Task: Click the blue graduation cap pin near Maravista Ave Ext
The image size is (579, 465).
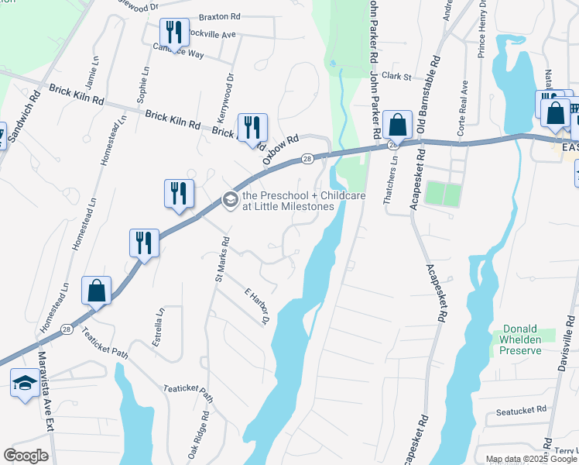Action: (26, 384)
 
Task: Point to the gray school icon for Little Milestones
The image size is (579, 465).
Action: (230, 200)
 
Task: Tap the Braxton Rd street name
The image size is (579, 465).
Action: (220, 16)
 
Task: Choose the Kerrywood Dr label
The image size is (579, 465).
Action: (229, 97)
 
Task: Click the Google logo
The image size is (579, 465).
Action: (26, 455)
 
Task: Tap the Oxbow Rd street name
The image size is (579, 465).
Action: (279, 149)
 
